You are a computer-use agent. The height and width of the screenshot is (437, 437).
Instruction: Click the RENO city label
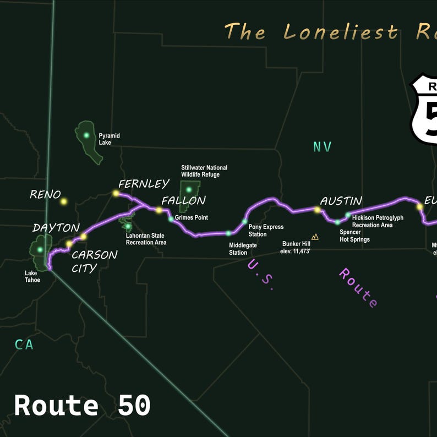point(45,194)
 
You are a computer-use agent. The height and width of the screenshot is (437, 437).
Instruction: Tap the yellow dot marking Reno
point(64,201)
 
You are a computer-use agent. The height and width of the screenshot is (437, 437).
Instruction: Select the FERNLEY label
point(144,184)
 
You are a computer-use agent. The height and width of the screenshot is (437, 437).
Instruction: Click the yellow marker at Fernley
point(116,193)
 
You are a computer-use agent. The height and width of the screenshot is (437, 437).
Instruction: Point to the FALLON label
point(183,200)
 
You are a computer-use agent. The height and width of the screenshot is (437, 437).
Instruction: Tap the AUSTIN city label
point(341,201)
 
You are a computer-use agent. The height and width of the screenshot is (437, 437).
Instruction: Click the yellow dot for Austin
point(317,210)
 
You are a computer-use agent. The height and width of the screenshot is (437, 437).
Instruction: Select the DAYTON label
point(56,227)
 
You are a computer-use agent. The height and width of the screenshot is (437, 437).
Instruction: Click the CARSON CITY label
point(94,261)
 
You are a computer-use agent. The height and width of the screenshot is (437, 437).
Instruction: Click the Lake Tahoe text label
point(32,276)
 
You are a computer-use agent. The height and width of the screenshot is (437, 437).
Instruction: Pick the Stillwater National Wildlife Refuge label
point(204,171)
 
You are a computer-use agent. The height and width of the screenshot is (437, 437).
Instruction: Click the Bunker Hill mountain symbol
point(315,237)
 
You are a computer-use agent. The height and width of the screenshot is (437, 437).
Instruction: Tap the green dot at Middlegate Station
point(228,233)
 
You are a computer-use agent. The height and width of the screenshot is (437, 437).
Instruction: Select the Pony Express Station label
point(266,231)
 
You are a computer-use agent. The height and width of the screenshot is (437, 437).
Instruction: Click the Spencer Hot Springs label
point(354,236)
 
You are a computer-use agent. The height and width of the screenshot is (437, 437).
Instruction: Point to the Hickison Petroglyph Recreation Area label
point(378,221)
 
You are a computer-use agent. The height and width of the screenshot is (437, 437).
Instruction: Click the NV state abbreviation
point(322,146)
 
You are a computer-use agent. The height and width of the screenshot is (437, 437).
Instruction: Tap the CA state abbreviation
point(24,345)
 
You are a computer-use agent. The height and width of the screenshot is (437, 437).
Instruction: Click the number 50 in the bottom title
point(134,406)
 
